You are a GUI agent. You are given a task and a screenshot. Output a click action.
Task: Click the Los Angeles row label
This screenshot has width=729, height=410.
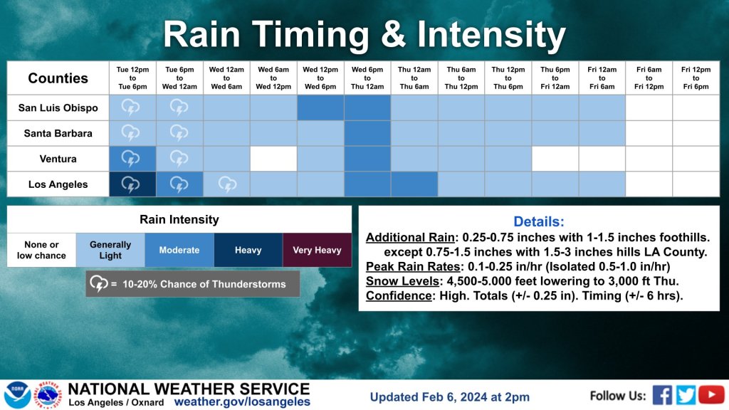(x=58, y=184)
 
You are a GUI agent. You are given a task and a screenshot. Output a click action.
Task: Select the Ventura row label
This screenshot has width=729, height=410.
(x=58, y=159)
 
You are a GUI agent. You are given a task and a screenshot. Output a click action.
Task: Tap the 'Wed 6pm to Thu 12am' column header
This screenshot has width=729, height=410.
(x=367, y=78)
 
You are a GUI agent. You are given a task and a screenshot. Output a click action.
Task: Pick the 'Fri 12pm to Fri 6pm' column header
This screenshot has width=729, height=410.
(x=696, y=78)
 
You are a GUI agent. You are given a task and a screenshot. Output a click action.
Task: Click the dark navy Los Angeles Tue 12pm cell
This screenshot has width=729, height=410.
(x=132, y=184)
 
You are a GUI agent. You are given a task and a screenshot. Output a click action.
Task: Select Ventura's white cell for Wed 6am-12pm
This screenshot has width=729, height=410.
(x=273, y=159)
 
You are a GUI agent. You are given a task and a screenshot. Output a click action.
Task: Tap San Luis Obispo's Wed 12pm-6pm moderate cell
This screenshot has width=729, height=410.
(x=320, y=107)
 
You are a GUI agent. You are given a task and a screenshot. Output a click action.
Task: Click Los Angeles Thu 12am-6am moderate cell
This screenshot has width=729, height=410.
(x=414, y=184)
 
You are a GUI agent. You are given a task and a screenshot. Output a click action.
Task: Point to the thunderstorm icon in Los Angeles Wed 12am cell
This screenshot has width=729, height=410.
(x=227, y=184)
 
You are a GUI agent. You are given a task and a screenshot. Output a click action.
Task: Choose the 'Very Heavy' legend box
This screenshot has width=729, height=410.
(x=317, y=250)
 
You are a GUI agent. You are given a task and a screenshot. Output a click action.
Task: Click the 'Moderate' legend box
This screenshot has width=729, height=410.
(x=179, y=250)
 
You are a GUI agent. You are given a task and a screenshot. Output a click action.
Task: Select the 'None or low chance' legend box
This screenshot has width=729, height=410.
(x=41, y=250)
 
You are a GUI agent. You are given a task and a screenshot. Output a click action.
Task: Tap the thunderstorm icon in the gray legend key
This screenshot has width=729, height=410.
(x=98, y=283)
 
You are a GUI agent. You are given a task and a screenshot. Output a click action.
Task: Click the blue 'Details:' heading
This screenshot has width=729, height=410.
(x=539, y=221)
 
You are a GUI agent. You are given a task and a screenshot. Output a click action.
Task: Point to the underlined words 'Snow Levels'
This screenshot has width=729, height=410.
(x=402, y=281)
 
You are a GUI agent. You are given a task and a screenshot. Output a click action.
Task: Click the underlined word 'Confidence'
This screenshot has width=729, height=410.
(x=399, y=295)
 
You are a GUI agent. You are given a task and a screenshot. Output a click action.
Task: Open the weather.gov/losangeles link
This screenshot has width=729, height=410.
(x=242, y=401)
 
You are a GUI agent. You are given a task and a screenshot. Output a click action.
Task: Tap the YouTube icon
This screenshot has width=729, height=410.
(x=711, y=395)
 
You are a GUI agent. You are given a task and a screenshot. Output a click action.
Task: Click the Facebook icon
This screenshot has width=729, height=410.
(x=662, y=395)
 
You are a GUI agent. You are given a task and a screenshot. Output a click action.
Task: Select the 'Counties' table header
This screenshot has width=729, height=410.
(x=58, y=78)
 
